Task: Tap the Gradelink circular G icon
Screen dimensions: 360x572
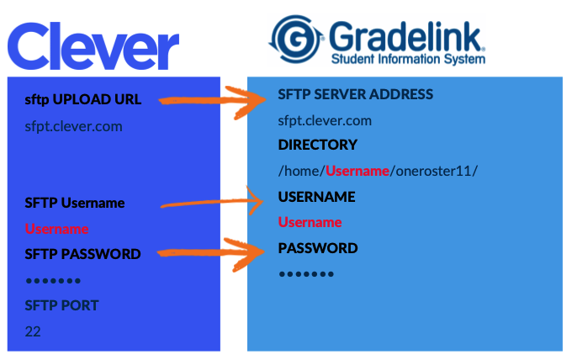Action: tap(295, 38)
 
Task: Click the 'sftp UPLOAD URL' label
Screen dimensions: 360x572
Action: tap(83, 100)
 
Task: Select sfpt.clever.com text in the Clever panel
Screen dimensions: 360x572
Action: tap(74, 127)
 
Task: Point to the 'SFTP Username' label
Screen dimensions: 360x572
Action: tap(75, 203)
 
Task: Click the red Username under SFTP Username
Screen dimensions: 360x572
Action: tap(56, 229)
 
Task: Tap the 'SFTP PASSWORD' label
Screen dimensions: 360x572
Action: tap(82, 254)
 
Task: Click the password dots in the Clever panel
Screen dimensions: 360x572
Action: tap(53, 280)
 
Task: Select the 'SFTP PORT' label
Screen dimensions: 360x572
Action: tap(63, 304)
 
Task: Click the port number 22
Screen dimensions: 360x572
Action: tap(33, 331)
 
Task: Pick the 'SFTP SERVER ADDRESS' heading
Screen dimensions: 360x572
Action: tap(356, 94)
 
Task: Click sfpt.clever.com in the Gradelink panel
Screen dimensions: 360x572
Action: tap(325, 120)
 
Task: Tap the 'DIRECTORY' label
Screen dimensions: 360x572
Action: tap(317, 145)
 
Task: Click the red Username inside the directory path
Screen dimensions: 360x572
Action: tap(357, 171)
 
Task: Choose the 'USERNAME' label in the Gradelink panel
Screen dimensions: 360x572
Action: tap(316, 197)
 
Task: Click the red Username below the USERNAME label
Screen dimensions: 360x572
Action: tap(310, 222)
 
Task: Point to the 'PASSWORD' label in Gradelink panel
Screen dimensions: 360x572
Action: tap(318, 248)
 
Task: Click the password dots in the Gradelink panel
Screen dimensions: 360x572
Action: tap(306, 274)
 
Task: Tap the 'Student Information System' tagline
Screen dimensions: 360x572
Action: tap(408, 60)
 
